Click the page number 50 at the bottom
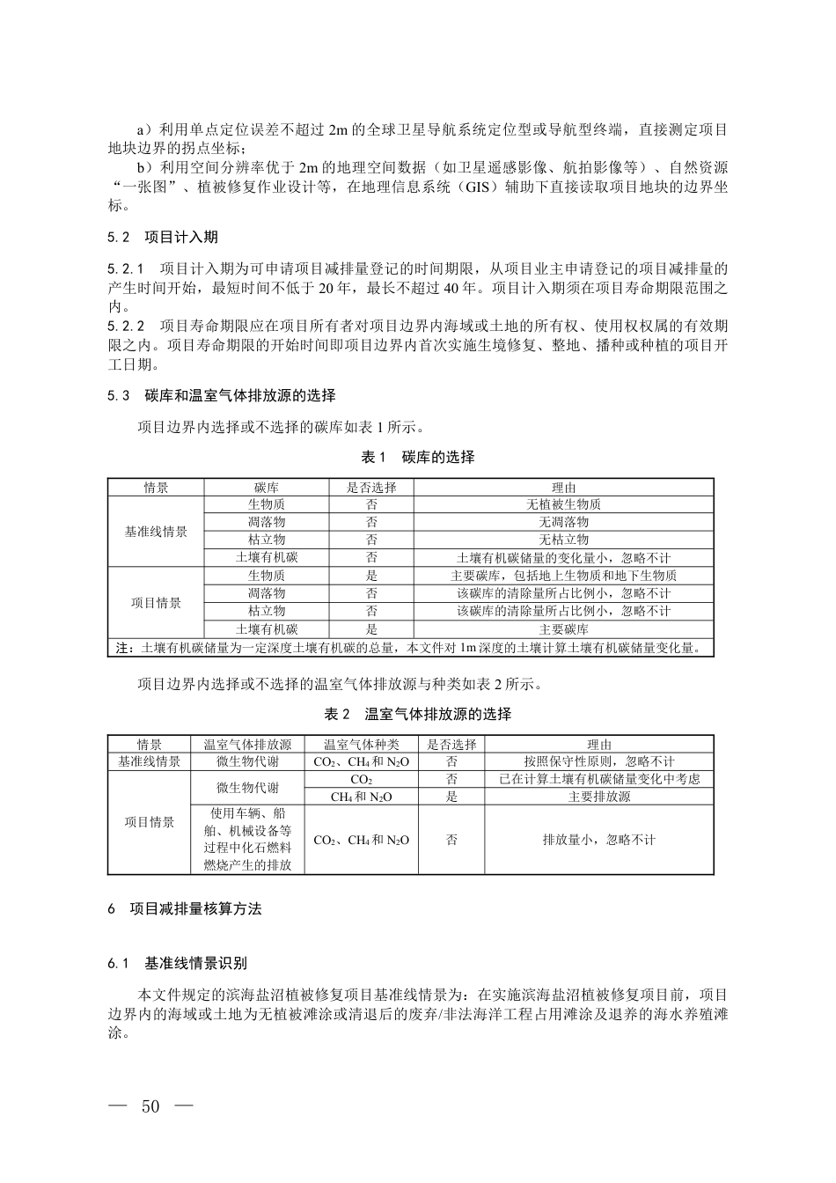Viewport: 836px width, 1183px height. tap(150, 1106)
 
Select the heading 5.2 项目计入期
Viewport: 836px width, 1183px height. tap(163, 238)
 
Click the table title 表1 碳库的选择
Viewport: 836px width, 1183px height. tap(418, 457)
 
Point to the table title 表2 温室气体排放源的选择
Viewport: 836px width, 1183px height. tap(418, 714)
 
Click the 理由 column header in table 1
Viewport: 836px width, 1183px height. tap(563, 488)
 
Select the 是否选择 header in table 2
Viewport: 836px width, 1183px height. tap(451, 745)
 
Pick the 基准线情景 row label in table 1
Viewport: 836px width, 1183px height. tap(156, 532)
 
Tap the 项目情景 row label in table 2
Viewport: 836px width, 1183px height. tap(150, 822)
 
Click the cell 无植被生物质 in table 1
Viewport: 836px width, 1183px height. tap(563, 505)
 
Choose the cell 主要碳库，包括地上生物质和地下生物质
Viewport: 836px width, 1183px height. tap(563, 576)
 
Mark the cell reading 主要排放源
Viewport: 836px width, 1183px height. tap(599, 797)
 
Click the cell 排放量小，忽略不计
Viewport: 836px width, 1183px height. tap(599, 840)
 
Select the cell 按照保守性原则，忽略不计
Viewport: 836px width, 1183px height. tap(599, 761)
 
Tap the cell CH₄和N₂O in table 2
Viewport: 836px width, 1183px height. tap(362, 797)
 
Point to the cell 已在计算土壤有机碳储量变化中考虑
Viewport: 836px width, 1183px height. tap(599, 779)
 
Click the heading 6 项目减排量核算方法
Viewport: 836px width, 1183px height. tap(185, 909)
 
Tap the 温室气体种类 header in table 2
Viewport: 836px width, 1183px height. tap(362, 745)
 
